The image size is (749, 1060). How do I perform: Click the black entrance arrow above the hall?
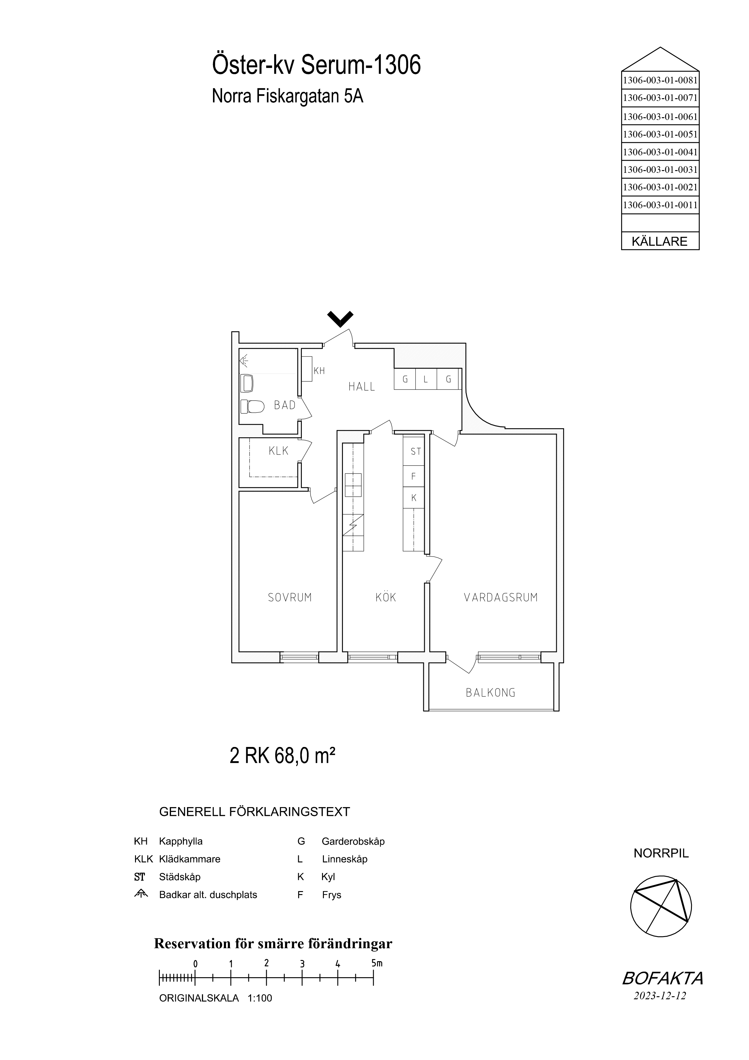click(340, 318)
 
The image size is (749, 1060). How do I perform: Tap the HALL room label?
click(362, 387)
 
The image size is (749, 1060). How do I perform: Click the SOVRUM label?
click(290, 598)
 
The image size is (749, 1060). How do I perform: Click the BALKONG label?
click(491, 693)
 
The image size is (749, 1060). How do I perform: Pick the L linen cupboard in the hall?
click(426, 380)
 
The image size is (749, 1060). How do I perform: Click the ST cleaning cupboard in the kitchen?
click(414, 451)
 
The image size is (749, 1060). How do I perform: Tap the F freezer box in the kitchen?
click(414, 477)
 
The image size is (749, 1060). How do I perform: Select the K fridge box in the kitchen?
click(414, 498)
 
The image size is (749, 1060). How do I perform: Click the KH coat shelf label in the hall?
click(319, 371)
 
